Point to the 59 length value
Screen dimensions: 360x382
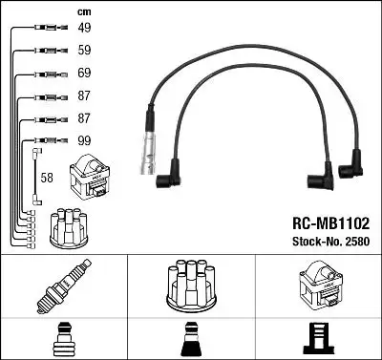coord(83,51)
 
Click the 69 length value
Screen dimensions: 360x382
coord(83,74)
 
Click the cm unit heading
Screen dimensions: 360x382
coord(82,11)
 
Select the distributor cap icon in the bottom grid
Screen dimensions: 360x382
coord(190,284)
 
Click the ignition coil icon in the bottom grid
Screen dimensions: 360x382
coord(318,285)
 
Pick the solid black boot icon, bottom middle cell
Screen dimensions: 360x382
coord(190,335)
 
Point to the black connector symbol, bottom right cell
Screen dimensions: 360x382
coord(318,335)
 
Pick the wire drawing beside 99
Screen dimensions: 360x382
coord(46,140)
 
